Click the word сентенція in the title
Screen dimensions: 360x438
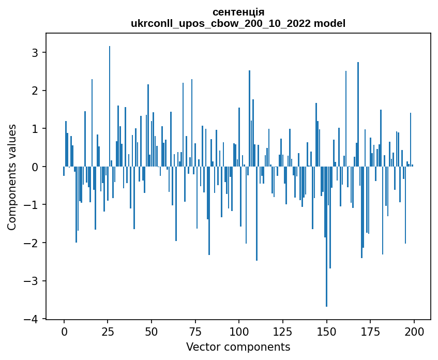pyautogui.click(x=238, y=12)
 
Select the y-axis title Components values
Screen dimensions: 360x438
pyautogui.click(x=12, y=176)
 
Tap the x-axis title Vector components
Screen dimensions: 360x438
pyautogui.click(x=238, y=347)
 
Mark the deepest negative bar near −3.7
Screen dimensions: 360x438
pyautogui.click(x=326, y=238)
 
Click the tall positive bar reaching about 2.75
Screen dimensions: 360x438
pyautogui.click(x=358, y=114)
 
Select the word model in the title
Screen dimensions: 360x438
pyautogui.click(x=333, y=23)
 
